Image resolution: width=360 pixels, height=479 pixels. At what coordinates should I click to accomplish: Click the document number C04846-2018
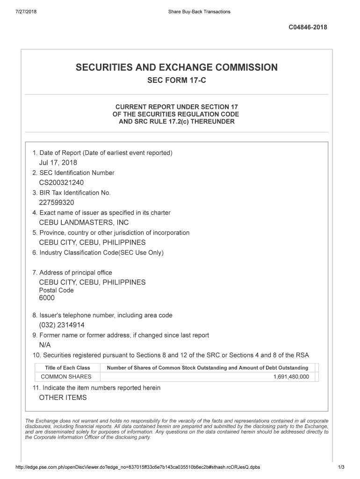(308, 27)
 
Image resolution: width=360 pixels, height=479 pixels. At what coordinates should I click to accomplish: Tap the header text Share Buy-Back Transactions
(199, 12)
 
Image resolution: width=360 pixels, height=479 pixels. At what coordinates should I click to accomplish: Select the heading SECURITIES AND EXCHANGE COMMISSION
(176, 68)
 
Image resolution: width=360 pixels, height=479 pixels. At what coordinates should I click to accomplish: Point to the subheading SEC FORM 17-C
(176, 80)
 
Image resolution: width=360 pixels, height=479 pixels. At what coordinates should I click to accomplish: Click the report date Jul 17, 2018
(58, 163)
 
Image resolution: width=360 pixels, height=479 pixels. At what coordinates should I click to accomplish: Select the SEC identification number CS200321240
(61, 182)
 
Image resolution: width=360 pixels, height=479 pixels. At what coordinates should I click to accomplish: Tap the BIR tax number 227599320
(56, 203)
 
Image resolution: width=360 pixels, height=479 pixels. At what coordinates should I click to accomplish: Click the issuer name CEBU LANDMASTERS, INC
(84, 223)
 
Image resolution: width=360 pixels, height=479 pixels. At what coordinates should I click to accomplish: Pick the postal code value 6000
(47, 298)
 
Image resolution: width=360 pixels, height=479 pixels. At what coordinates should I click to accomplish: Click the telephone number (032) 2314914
(62, 325)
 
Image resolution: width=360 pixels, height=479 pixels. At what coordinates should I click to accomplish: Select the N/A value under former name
(45, 345)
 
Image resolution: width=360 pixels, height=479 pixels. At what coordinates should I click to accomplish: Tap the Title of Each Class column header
(67, 368)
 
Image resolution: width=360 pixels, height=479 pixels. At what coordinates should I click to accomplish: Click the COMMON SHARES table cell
(66, 377)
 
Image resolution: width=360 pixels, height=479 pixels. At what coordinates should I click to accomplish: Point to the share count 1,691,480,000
(291, 377)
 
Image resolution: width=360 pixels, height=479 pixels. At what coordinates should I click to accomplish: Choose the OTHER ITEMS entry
(63, 398)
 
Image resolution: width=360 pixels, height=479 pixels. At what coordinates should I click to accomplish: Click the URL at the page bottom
(138, 467)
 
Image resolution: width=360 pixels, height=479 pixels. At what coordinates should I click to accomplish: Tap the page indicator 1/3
(341, 467)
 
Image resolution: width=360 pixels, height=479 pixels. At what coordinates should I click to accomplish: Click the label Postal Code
(56, 290)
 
